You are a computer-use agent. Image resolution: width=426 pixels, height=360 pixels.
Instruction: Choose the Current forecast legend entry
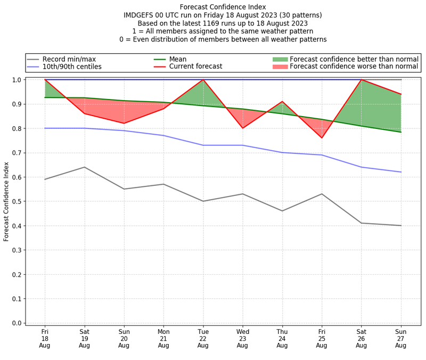click(x=195, y=67)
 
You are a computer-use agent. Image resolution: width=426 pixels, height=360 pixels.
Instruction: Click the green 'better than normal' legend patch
click(x=280, y=59)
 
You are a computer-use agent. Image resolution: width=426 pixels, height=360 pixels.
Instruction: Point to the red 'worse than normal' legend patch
click(x=280, y=67)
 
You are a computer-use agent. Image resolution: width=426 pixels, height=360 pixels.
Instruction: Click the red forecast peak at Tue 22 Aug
click(x=203, y=80)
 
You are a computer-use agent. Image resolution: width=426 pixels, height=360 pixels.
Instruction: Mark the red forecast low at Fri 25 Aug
click(x=322, y=138)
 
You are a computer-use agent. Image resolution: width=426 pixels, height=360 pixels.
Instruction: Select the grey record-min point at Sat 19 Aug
click(x=84, y=167)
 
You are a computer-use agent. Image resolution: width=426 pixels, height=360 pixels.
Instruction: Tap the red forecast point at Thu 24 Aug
click(x=282, y=102)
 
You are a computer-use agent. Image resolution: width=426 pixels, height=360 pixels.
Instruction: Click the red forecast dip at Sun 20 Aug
click(x=124, y=124)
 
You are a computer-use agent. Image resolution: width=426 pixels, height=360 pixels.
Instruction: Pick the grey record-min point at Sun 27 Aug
click(x=401, y=226)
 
